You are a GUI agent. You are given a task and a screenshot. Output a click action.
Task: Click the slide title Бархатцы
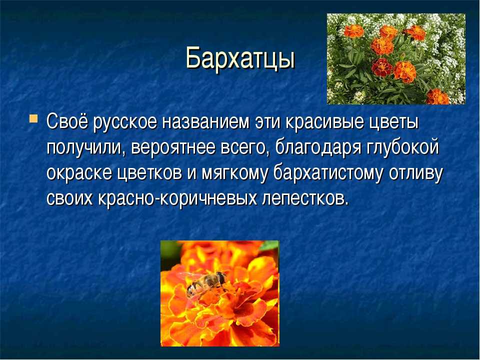coord(240,58)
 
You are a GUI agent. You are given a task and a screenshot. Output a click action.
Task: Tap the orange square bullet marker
coord(33,118)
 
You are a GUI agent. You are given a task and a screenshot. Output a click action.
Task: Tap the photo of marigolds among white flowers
coord(396,59)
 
